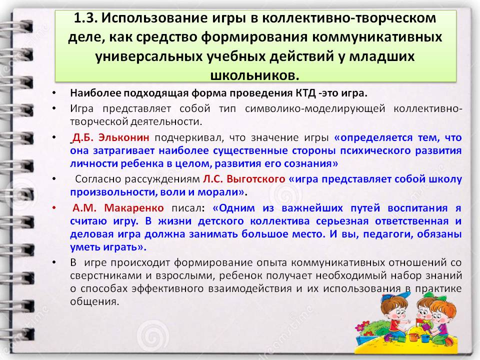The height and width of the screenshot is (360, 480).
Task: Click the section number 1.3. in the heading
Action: (85, 18)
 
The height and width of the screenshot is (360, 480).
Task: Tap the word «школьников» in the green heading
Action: (254, 75)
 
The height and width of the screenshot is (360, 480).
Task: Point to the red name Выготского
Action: (256, 179)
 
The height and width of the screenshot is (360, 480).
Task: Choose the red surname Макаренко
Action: (134, 208)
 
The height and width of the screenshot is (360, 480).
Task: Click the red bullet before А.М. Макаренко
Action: (54, 208)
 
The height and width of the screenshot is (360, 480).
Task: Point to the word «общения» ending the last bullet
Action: (94, 302)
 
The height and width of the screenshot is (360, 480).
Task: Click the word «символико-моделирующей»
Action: (315, 108)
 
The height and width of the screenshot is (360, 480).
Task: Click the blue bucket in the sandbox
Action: (425, 338)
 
